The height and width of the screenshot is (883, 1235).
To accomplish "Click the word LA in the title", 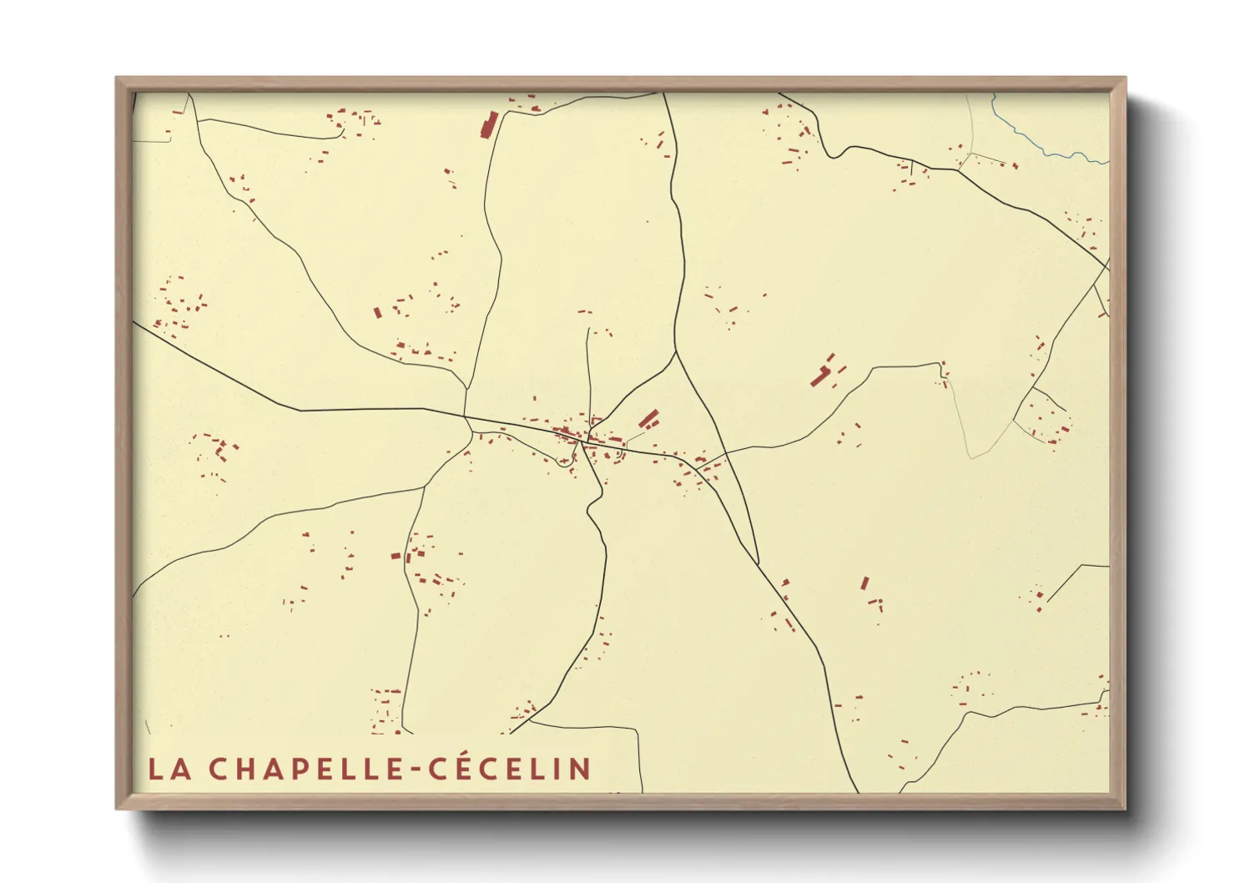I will pos(169,769).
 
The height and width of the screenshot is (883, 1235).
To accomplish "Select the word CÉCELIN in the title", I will pos(510,768).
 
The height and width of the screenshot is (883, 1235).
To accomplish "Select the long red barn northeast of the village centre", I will pos(648,417).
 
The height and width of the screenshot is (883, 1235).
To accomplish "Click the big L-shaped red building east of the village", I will pos(822,374).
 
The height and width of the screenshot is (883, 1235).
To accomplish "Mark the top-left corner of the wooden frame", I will pos(117,78).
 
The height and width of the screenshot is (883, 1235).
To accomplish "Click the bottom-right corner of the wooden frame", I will pos(1124,808).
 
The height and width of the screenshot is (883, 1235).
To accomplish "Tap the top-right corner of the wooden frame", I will pos(1124,78).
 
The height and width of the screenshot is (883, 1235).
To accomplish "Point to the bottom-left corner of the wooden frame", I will pos(117,808).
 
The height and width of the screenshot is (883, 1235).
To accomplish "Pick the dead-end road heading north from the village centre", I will pos(588,367).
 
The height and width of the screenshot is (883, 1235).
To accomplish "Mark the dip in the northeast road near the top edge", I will pos(832,155).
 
